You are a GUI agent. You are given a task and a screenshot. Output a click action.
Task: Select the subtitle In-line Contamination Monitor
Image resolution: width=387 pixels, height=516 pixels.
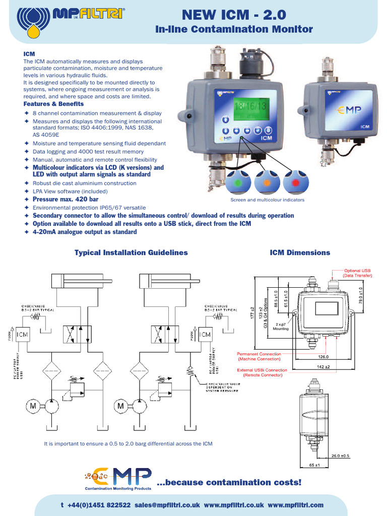[x=234, y=29]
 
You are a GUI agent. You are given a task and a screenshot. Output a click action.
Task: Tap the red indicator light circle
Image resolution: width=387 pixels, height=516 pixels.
[x=295, y=181]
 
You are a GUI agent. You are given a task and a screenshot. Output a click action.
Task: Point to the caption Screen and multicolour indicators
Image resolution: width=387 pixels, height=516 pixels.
[x=267, y=200]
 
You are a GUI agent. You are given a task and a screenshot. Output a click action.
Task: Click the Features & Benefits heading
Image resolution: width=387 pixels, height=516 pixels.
[x=53, y=104]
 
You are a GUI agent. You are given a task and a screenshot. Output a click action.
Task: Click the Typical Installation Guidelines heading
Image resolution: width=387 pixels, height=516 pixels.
[x=131, y=252]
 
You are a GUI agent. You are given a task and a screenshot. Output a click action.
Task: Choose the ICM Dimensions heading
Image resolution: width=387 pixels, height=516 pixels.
[x=300, y=252]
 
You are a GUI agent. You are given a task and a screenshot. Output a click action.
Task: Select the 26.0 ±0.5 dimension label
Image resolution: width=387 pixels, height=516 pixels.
[x=354, y=457]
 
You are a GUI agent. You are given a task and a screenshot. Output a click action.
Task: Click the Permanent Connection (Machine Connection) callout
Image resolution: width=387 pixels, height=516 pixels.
[x=258, y=356]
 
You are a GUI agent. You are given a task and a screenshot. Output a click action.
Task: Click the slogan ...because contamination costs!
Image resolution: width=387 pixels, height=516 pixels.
[x=229, y=482]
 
